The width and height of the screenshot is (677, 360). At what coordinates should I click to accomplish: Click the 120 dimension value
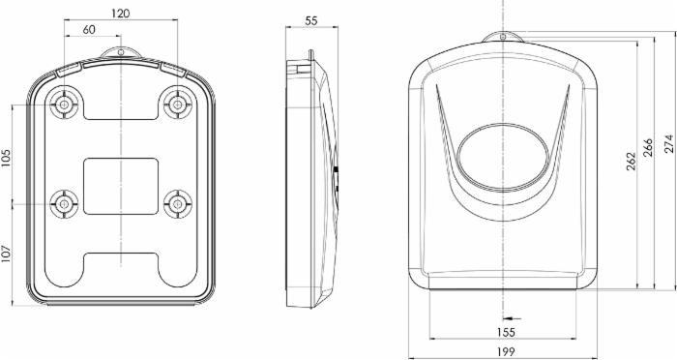coord(120,15)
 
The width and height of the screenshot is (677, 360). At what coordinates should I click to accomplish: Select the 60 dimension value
coord(89,30)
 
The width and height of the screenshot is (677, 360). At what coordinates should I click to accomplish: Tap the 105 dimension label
coord(7,158)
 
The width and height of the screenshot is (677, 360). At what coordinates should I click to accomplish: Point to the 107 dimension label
coord(7,254)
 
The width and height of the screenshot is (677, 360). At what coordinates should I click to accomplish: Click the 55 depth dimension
coord(310,20)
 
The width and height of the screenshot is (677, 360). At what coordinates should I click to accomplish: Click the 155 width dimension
coord(506,332)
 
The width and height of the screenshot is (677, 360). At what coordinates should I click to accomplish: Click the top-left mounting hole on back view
coord(65,103)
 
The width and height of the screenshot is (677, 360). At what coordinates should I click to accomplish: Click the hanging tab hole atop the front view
coord(504,38)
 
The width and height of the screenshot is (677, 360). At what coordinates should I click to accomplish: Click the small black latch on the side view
coord(335,171)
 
